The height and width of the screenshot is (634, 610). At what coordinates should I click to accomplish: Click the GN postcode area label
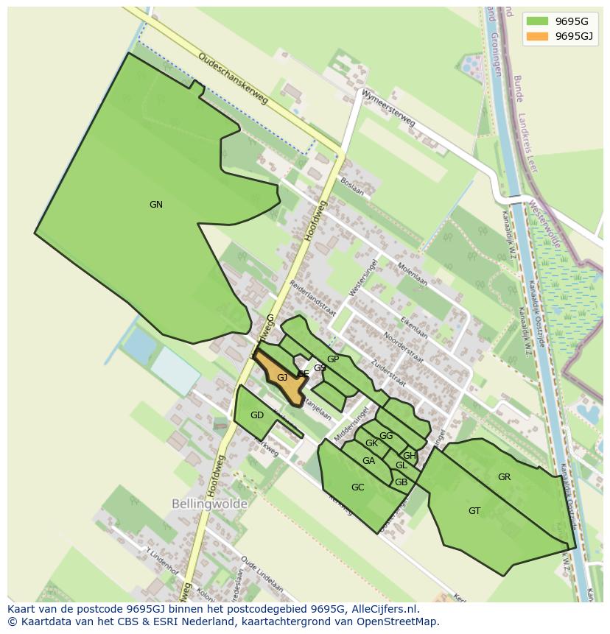click(x=155, y=205)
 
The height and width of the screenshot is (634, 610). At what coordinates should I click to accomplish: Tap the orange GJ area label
click(x=282, y=378)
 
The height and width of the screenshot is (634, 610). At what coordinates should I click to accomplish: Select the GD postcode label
click(x=256, y=415)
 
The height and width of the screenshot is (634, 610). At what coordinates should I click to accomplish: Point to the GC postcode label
click(x=357, y=487)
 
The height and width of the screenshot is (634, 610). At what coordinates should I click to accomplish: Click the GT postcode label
click(x=474, y=511)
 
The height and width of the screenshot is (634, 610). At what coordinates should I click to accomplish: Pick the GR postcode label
click(x=504, y=477)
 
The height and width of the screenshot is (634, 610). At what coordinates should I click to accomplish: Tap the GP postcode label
click(x=333, y=359)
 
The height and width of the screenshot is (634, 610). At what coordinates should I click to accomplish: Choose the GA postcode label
click(x=368, y=461)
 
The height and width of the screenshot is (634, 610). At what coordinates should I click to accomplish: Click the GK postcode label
click(x=371, y=443)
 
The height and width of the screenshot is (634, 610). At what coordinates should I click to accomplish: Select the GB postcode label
click(x=401, y=483)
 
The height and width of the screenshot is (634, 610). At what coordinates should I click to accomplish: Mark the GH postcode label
click(x=409, y=456)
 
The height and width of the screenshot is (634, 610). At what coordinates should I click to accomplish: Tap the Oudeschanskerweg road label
click(x=232, y=77)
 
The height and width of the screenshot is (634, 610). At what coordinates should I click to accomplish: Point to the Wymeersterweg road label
click(x=388, y=109)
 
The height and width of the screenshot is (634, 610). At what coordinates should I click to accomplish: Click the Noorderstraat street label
click(x=403, y=347)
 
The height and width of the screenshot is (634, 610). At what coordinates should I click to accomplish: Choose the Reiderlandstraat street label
click(x=312, y=297)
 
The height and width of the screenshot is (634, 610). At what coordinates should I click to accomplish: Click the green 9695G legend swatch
click(x=537, y=21)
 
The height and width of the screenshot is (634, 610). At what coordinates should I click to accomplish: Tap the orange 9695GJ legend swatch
click(x=537, y=36)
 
